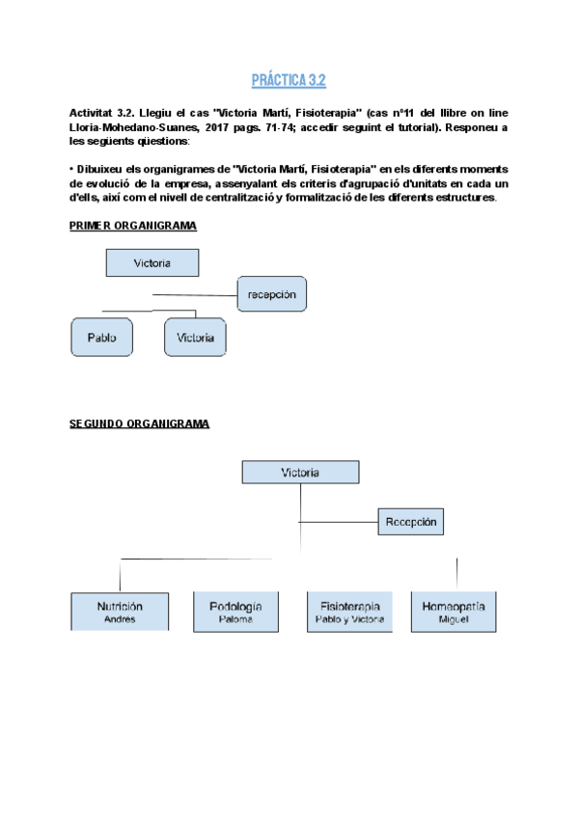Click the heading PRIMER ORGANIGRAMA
coord(133,226)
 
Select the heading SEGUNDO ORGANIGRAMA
coord(139,423)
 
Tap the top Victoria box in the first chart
coord(152,262)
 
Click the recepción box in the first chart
coord(271,293)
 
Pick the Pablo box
coord(101,339)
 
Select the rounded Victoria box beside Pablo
coord(195,339)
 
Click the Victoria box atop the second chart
coord(300,473)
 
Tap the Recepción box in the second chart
coord(411,522)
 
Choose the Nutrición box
coord(120,612)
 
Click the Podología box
coord(234,612)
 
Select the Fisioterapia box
coord(350,612)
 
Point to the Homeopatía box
coord(453,612)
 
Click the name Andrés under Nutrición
coord(120,620)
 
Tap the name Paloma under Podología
coord(234,620)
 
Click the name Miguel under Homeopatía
coord(453,620)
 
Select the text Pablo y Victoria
coord(350,620)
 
